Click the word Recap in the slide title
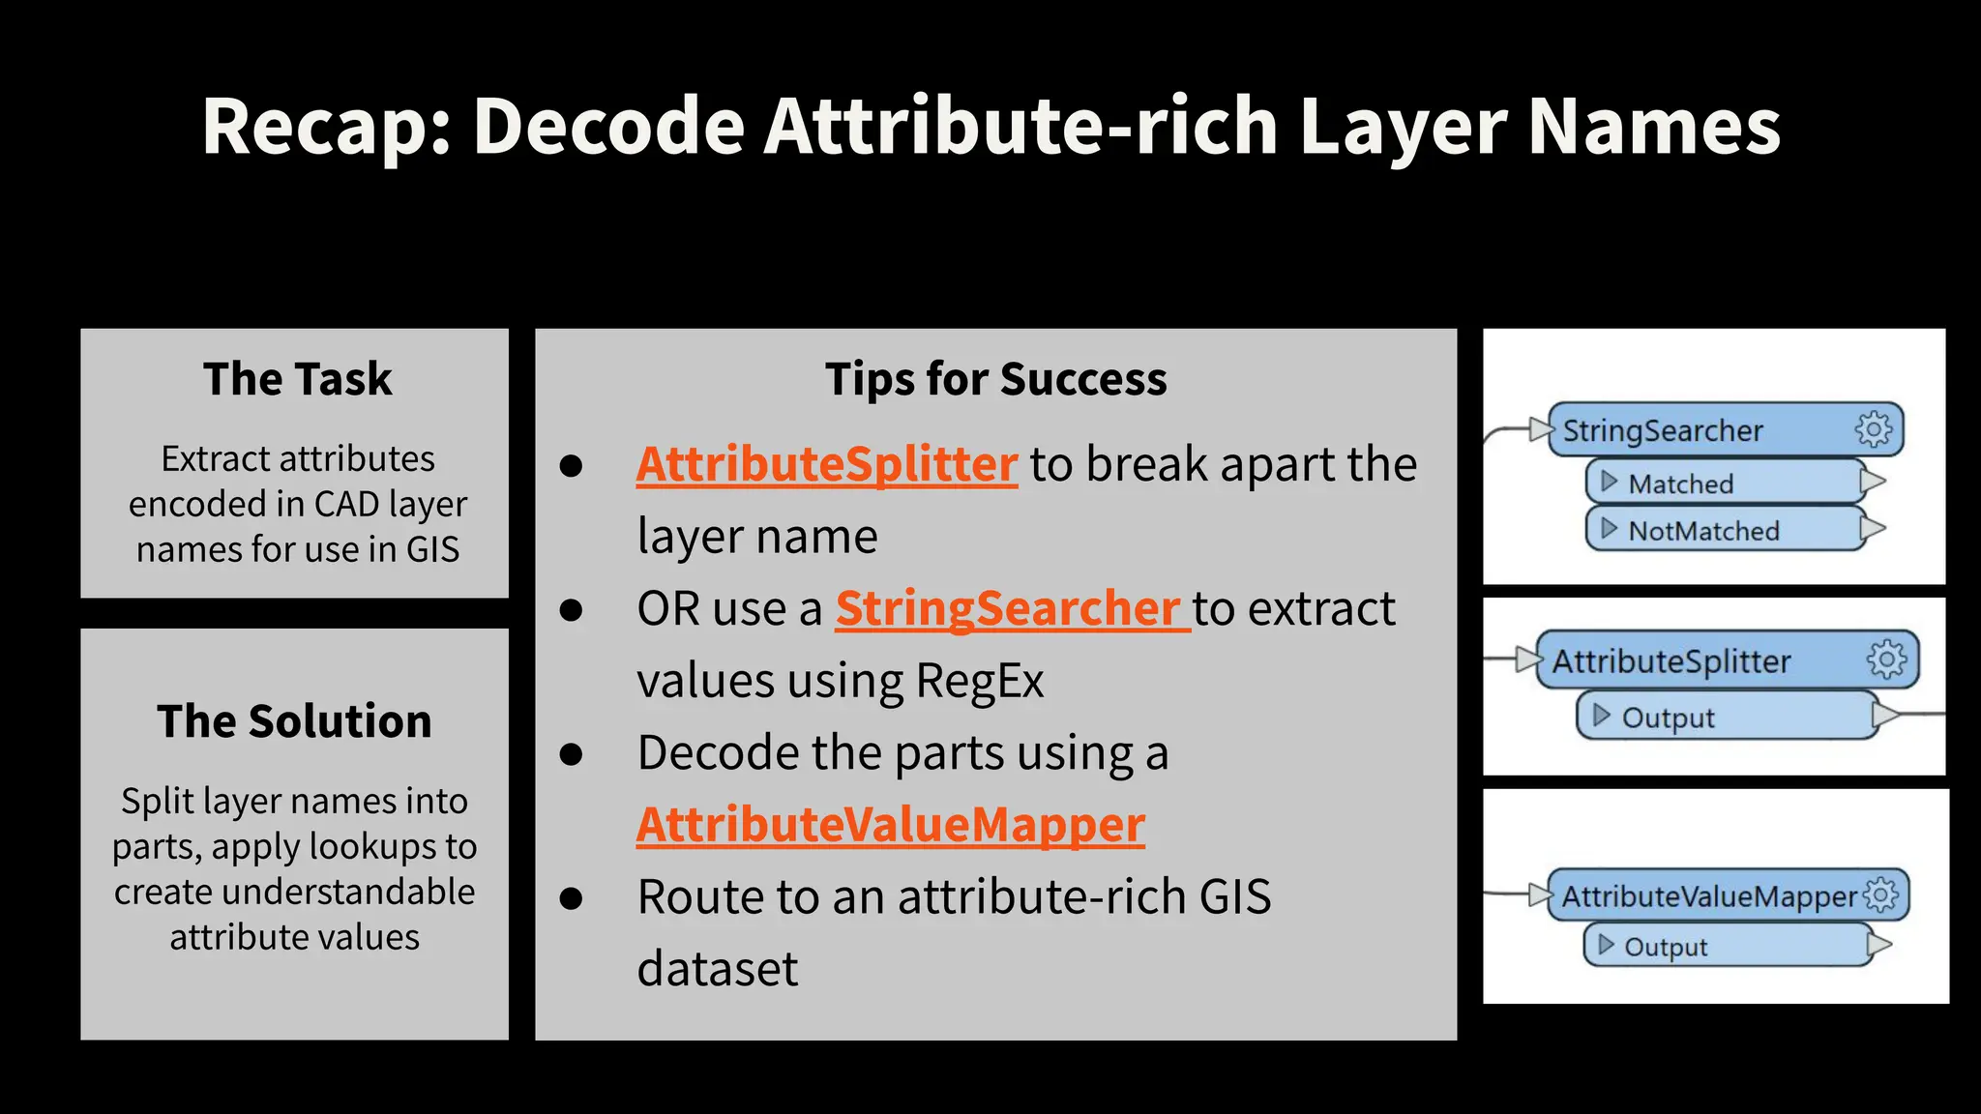325,127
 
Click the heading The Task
297,379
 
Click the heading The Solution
294,721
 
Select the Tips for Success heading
995,379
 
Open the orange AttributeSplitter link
826,464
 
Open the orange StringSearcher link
1011,609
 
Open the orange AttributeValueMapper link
890,825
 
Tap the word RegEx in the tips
979,681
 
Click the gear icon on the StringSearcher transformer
1874,429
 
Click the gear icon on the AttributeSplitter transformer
1886,660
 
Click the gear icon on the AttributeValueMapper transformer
1881,894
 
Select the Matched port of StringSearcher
1680,483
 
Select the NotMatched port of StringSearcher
1702,530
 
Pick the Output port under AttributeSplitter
1667,718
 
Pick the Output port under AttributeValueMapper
1665,947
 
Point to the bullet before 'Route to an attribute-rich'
572,898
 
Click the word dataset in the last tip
717,969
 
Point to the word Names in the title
1654,127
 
